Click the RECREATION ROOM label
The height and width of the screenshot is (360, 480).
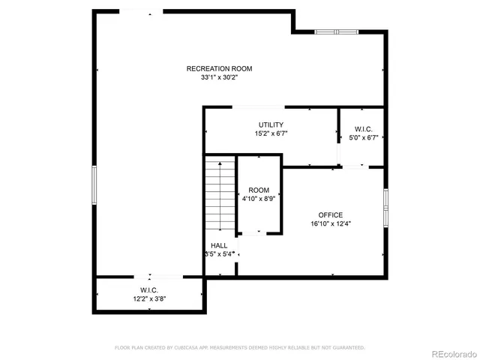219,69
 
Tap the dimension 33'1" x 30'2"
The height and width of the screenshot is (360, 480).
219,77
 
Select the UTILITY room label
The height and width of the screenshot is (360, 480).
271,124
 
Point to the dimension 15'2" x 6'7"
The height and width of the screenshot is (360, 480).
271,133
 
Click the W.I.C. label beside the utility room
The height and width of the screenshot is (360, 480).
364,129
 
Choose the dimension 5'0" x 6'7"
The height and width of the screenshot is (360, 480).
364,138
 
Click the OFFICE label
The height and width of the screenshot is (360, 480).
330,214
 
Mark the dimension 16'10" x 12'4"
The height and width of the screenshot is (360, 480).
330,223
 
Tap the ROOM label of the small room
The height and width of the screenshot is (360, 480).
259,190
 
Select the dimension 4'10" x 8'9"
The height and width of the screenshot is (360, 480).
259,199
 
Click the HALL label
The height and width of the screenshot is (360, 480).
219,245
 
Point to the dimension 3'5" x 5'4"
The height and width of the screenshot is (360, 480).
220,254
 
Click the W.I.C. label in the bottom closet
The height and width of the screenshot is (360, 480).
148,290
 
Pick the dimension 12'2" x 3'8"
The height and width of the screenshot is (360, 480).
148,299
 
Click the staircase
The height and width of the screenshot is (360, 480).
220,196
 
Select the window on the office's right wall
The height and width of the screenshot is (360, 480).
385,207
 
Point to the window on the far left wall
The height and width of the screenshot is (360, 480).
94,184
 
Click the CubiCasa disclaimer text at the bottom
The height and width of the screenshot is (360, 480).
239,348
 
